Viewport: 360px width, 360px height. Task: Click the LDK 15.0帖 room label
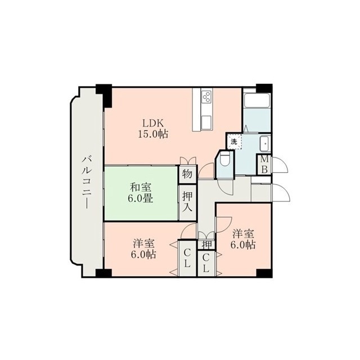(x=153, y=129)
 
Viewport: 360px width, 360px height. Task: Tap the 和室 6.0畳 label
(x=141, y=192)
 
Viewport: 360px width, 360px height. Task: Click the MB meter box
(x=264, y=165)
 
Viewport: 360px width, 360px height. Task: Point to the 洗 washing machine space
(x=234, y=142)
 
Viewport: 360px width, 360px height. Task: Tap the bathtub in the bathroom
(x=257, y=100)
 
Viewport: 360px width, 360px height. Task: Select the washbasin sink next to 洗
(x=265, y=143)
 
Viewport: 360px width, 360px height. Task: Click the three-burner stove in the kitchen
(x=206, y=96)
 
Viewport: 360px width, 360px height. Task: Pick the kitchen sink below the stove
(x=206, y=121)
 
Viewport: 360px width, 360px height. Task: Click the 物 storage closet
(x=187, y=174)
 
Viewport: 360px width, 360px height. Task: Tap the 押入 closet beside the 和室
(x=187, y=202)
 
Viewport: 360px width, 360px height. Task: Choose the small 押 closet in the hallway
(x=206, y=245)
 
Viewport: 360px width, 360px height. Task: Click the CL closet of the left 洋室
(x=187, y=258)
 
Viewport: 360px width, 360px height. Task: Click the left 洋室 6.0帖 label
(x=144, y=249)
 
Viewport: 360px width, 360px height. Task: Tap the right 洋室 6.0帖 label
(x=243, y=239)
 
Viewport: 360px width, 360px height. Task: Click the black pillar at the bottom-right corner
(x=264, y=273)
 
